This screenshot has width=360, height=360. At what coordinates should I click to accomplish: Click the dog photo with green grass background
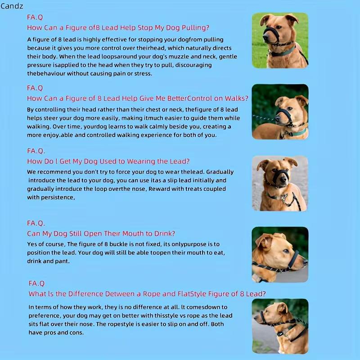tap(280, 40)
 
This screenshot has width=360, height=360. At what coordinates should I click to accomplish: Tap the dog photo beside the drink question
tap(280, 254)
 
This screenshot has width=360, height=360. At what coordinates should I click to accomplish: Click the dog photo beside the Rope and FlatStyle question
tap(280, 325)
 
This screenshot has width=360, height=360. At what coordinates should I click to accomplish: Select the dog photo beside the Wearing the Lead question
tap(280, 183)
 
